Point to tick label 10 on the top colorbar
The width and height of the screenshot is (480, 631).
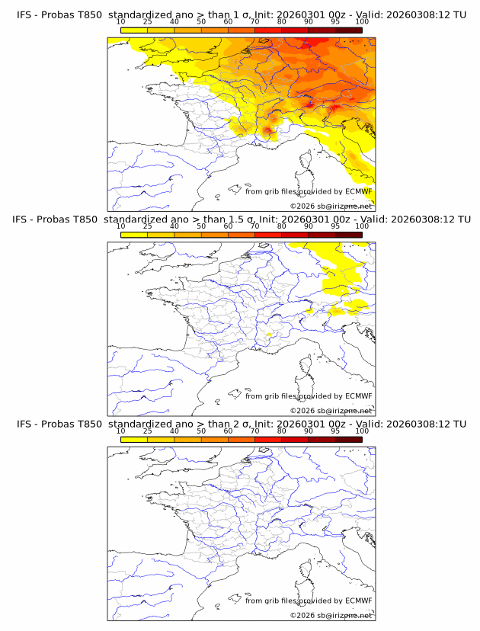click(x=120, y=21)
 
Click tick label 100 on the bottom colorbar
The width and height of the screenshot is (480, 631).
click(x=362, y=431)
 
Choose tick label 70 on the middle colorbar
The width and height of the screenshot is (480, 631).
click(x=254, y=226)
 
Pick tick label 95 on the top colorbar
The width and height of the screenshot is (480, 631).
click(x=335, y=21)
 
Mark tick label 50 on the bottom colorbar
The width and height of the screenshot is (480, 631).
click(x=201, y=431)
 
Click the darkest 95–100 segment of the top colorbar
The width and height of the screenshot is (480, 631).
click(x=348, y=30)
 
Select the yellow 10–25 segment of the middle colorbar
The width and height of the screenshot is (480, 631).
click(x=134, y=235)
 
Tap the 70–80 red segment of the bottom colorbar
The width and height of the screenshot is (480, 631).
click(x=268, y=439)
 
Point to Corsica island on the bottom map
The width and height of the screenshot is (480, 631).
click(x=307, y=570)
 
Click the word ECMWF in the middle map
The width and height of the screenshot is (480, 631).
click(x=358, y=396)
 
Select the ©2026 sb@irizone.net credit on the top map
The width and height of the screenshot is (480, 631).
click(x=331, y=206)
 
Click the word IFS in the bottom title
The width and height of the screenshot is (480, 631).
click(x=24, y=424)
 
